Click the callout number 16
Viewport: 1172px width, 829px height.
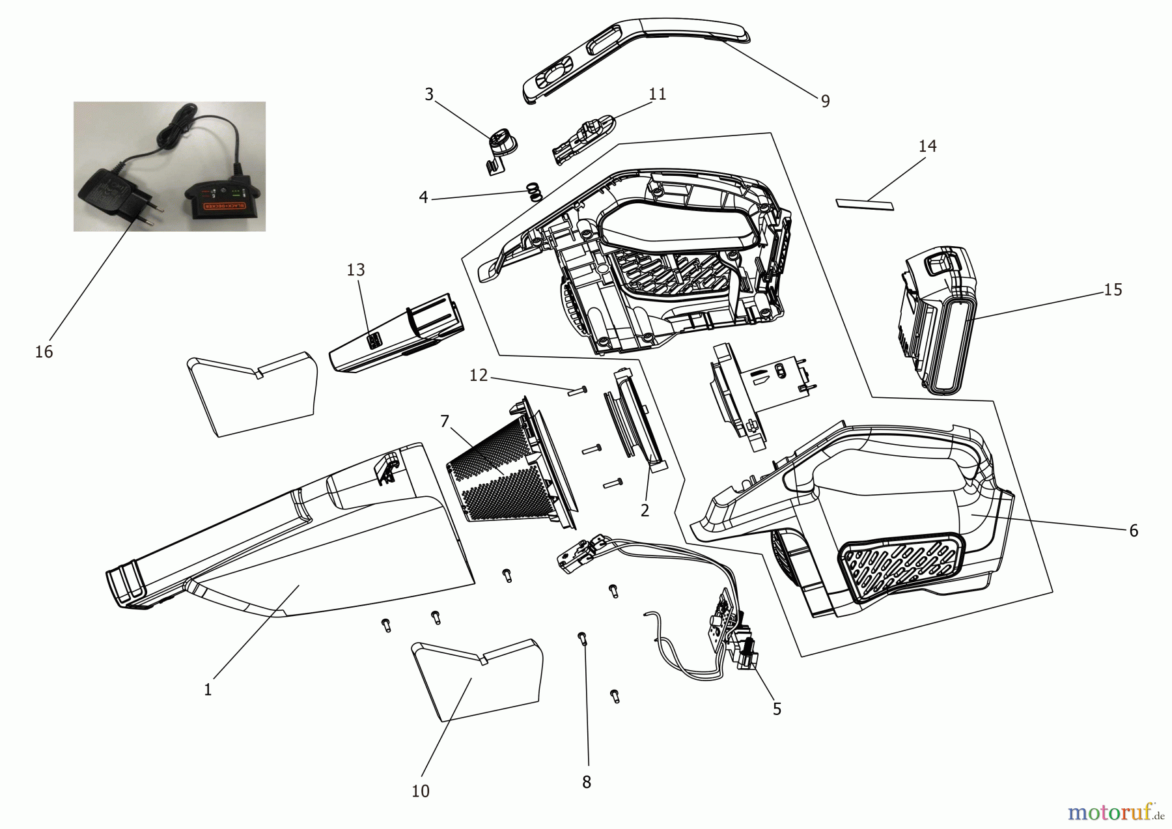pos(44,352)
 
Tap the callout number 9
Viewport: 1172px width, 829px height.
pos(825,101)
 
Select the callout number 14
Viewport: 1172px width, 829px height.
pos(927,146)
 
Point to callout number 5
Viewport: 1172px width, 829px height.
pos(777,709)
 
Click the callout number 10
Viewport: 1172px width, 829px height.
pos(421,791)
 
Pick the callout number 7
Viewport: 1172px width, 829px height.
pos(445,421)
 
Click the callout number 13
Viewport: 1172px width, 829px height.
pos(356,270)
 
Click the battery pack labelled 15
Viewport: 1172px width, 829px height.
pos(938,319)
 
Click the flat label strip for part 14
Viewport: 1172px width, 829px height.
pos(865,204)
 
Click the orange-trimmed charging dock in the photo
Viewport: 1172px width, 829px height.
pos(225,199)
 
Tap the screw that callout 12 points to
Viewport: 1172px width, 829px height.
pos(578,391)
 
